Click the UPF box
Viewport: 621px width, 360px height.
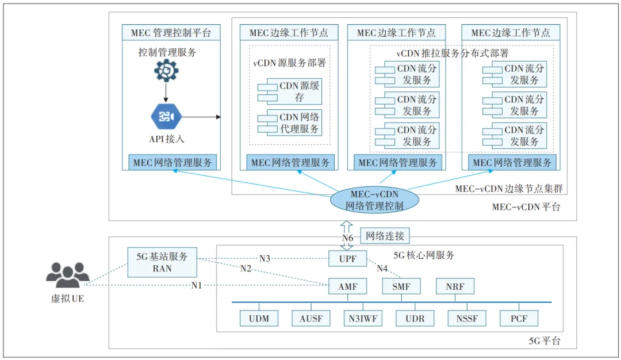347,259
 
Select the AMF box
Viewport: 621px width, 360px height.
347,286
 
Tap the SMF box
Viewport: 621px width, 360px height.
401,286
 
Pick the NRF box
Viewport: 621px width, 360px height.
455,286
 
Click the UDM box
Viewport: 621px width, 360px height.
259,318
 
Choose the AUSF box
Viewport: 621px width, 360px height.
311,318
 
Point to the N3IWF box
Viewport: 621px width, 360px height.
363,318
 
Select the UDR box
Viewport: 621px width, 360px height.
415,318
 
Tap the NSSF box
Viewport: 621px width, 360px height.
467,318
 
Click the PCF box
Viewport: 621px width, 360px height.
519,318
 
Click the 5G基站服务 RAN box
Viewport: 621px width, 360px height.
162,262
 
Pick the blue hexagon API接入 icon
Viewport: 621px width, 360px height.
166,117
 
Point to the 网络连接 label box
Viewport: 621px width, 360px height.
385,236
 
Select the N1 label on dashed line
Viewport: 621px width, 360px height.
197,285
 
